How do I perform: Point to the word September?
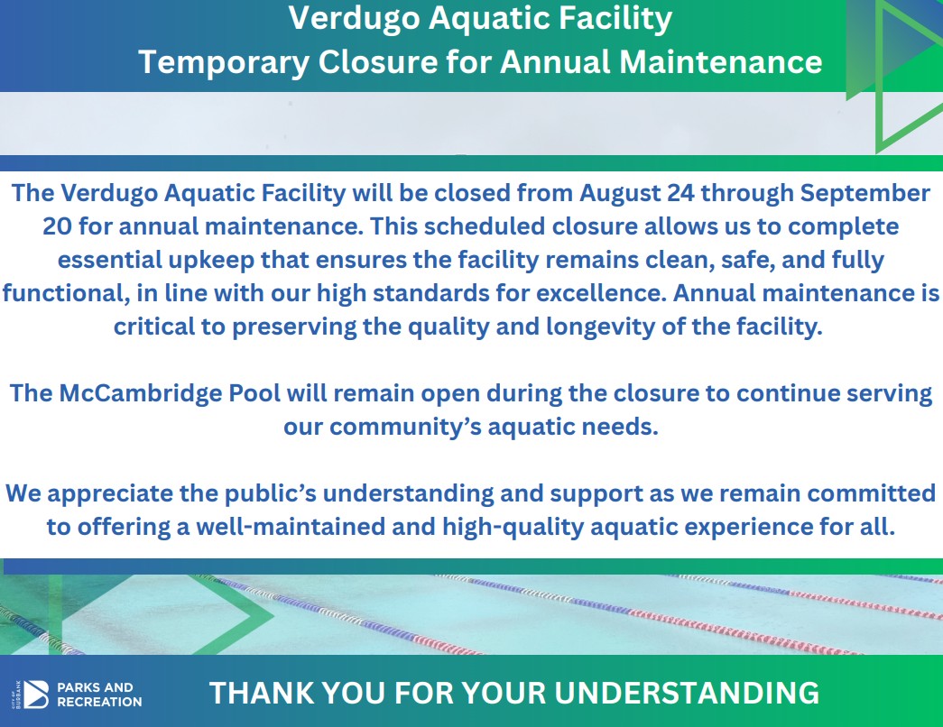[x=865, y=194]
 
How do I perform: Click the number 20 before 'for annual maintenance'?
[x=57, y=226]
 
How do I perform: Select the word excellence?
[x=601, y=293]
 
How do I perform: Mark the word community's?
[x=405, y=427]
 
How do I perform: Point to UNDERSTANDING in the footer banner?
[x=686, y=693]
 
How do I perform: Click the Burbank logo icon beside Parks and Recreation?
[x=36, y=695]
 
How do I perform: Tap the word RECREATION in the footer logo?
[x=99, y=702]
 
